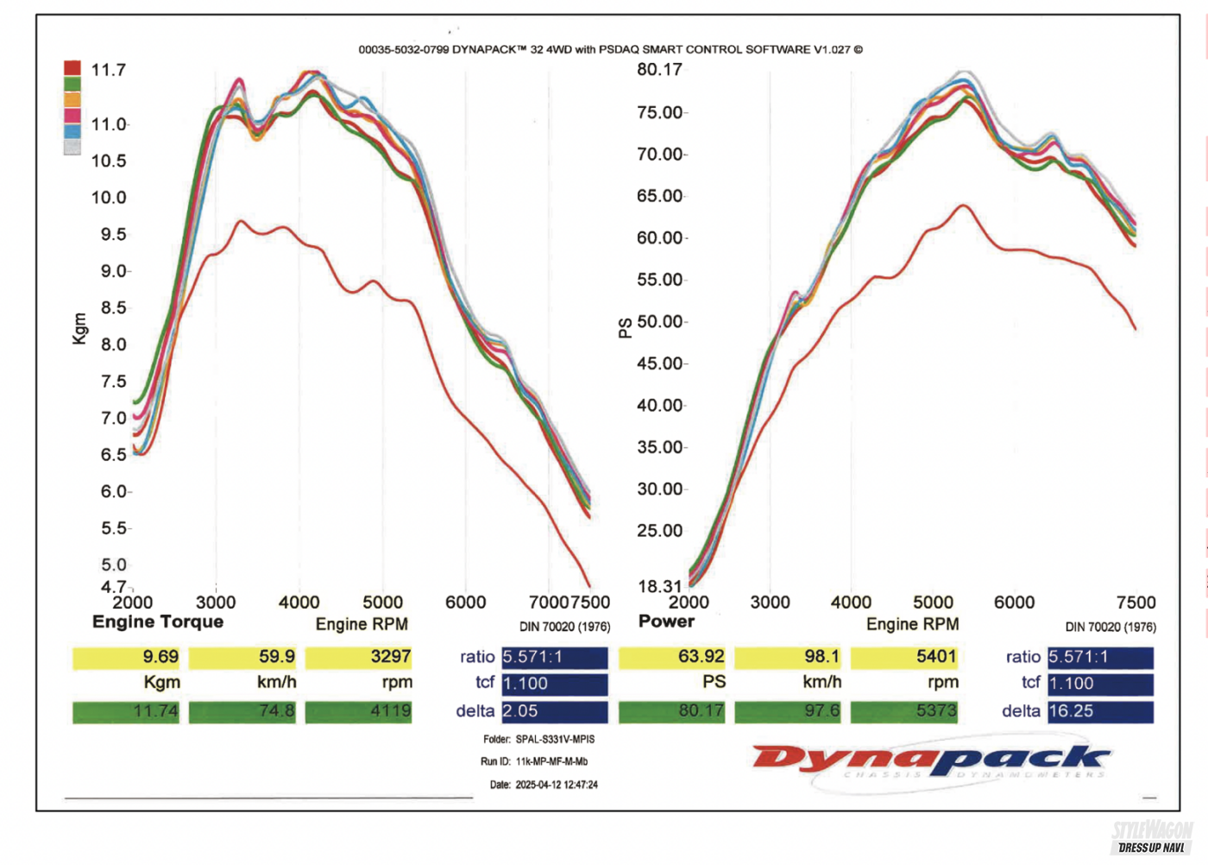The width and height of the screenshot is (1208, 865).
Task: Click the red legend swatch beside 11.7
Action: click(x=72, y=68)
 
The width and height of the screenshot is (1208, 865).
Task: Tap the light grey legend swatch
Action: click(x=72, y=147)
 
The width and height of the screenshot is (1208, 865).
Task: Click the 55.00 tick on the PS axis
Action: click(x=661, y=280)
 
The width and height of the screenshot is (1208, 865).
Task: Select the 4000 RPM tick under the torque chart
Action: click(x=299, y=603)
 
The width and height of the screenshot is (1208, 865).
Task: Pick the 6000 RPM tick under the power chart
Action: click(x=1014, y=603)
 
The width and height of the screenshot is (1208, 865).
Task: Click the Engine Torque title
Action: click(x=158, y=622)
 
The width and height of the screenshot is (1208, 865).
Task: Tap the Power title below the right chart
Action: click(x=666, y=622)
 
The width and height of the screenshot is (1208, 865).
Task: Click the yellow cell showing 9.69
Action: click(x=126, y=657)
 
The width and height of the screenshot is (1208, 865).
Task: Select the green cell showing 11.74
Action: click(x=126, y=711)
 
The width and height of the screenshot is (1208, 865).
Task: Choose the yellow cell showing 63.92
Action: click(x=672, y=657)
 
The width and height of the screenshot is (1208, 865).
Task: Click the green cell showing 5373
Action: click(x=903, y=711)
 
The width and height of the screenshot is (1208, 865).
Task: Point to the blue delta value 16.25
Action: click(x=1100, y=711)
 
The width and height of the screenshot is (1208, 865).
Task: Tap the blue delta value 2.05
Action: click(x=554, y=711)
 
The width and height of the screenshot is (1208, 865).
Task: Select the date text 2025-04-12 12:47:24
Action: click(x=557, y=785)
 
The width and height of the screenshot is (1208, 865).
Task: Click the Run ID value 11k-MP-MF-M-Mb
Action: click(x=551, y=761)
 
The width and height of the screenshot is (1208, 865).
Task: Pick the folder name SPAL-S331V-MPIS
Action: click(x=555, y=739)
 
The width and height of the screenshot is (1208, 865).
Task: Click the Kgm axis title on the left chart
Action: click(x=80, y=329)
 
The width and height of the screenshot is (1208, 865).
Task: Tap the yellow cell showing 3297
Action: click(x=358, y=657)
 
